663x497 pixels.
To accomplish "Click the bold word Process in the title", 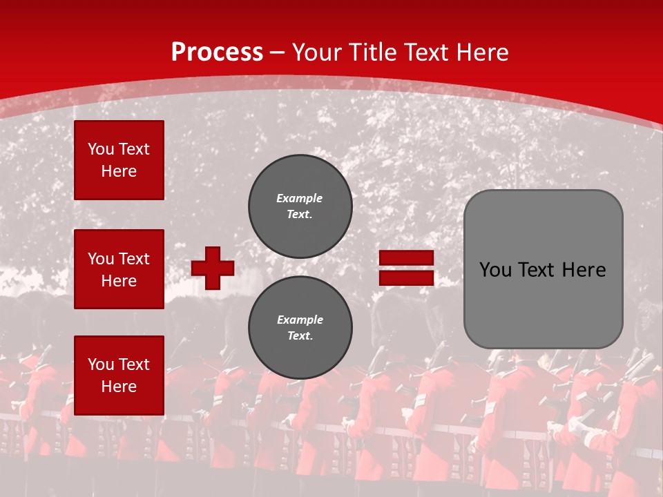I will point(217,52).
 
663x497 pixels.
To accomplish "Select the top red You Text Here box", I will point(119,160).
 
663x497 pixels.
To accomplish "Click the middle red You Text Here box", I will point(119,269).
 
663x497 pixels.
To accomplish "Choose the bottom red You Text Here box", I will point(119,375).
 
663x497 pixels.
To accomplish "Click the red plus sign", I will point(213,268).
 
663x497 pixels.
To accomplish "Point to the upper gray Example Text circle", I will point(300,206).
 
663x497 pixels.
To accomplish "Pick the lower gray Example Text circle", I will point(300,328).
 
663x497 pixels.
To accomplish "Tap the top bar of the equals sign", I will point(406,257).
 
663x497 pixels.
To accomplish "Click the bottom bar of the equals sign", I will point(406,277).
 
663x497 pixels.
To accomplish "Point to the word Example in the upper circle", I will point(300,198).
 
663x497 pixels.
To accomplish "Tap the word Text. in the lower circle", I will point(300,336).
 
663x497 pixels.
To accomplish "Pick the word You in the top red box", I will point(101,149).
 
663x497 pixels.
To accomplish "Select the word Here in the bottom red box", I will point(119,387).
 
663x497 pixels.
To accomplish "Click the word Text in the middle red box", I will point(134,259).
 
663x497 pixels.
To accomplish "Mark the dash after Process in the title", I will point(277,52).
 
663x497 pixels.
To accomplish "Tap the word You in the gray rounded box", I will point(494,270).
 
